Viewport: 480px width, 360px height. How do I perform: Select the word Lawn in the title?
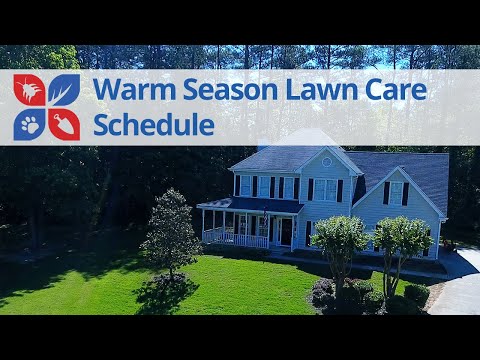pos(309,90)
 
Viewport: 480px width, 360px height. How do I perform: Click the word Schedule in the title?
pos(153,124)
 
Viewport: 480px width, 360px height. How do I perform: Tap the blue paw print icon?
pos(29,124)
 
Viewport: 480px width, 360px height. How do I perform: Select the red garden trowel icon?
pos(64,124)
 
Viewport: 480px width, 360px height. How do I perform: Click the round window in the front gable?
pos(326,161)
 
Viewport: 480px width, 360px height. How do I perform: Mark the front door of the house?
pos(286,232)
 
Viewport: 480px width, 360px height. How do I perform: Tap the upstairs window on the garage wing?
pos(395,192)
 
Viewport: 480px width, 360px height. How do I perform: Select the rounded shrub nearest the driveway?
pos(416,294)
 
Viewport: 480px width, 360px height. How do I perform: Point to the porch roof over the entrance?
pos(250,204)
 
